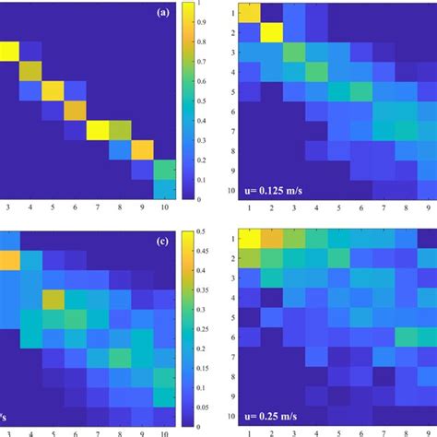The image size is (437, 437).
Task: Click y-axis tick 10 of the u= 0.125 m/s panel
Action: [229, 189]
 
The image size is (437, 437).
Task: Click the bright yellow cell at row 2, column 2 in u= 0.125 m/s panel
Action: [273, 33]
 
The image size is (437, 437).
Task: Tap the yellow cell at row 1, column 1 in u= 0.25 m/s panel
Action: [250, 239]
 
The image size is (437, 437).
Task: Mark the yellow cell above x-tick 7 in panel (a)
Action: [98, 130]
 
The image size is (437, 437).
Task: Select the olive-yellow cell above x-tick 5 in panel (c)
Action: [52, 300]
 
